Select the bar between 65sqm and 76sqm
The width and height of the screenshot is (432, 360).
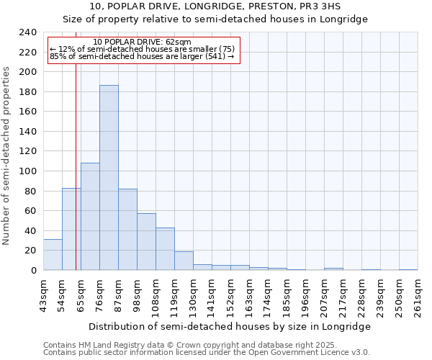(x=90, y=217)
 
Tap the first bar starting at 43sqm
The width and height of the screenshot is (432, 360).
(x=53, y=255)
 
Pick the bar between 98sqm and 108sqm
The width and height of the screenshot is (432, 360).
(x=146, y=242)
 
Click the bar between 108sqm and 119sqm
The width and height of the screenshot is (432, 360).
(x=165, y=249)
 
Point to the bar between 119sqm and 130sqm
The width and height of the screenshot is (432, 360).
(x=184, y=261)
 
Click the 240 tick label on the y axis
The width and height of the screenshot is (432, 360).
(x=28, y=32)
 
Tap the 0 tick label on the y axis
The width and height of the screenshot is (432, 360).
(x=34, y=271)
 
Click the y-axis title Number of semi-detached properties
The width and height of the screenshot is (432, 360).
(x=6, y=156)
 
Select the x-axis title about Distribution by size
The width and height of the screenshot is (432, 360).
(x=230, y=327)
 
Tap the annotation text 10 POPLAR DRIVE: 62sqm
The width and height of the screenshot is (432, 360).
(x=143, y=42)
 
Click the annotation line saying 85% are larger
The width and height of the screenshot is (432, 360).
(x=143, y=56)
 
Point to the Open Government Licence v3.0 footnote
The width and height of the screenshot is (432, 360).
(x=207, y=353)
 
